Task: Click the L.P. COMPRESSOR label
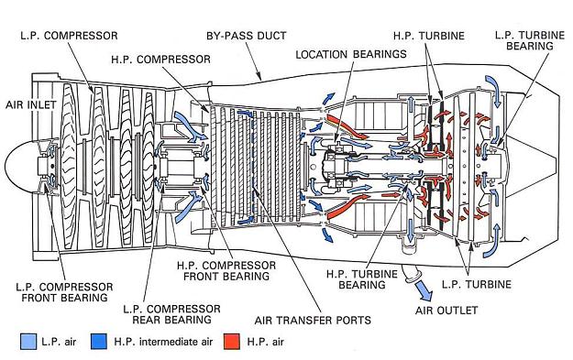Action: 69,36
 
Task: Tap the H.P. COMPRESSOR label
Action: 160,60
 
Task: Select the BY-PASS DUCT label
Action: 247,36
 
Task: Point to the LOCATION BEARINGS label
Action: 351,54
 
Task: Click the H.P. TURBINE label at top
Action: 429,36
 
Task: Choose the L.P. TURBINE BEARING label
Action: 530,40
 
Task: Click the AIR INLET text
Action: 30,104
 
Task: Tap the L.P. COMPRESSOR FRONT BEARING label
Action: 64,292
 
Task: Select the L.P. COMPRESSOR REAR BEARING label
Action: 171,314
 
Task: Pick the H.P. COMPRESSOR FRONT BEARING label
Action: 226,270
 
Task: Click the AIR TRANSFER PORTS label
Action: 313,321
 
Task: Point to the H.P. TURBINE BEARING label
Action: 362,279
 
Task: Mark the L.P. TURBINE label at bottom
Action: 477,284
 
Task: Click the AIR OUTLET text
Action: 446,311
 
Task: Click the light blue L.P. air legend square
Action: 28,342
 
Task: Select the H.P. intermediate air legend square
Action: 98,342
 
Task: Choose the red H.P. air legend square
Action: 232,342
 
